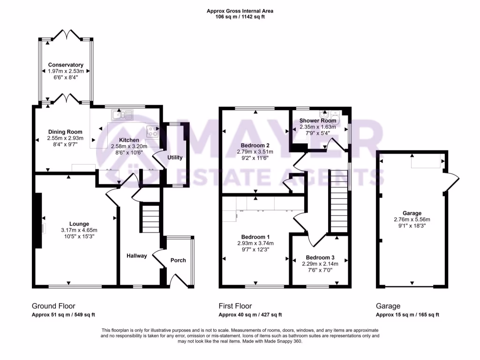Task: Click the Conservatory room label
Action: pos(66,65)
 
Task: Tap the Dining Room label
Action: pos(65,132)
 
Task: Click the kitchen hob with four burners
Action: pos(153,132)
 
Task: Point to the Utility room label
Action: pos(175,157)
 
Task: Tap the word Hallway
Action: pos(136,255)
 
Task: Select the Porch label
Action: pos(178,260)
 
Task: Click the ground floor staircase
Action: pos(150,217)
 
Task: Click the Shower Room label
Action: pos(318,120)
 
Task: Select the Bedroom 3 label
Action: pos(320,257)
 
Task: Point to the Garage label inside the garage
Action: pos(412,213)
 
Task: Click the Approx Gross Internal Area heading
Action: pos(240,11)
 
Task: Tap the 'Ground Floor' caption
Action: pos(53,306)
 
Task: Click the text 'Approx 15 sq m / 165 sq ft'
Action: pos(407,315)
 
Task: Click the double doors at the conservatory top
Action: pos(66,35)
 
